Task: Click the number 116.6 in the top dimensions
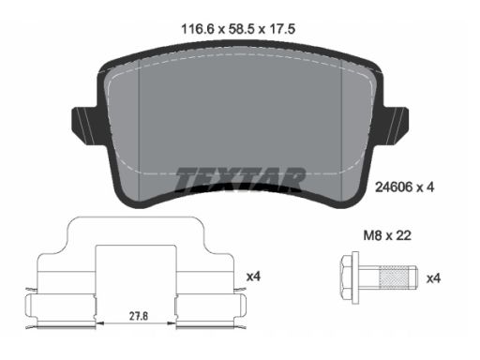[198, 29]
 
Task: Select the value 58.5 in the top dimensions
[241, 29]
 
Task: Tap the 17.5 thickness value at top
[282, 29]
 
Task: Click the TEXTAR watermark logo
[240, 179]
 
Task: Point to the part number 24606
[394, 187]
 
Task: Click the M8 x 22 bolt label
[387, 235]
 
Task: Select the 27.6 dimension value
[139, 316]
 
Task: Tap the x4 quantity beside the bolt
[433, 278]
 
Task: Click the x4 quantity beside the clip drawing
[253, 277]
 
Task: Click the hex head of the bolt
[345, 277]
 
